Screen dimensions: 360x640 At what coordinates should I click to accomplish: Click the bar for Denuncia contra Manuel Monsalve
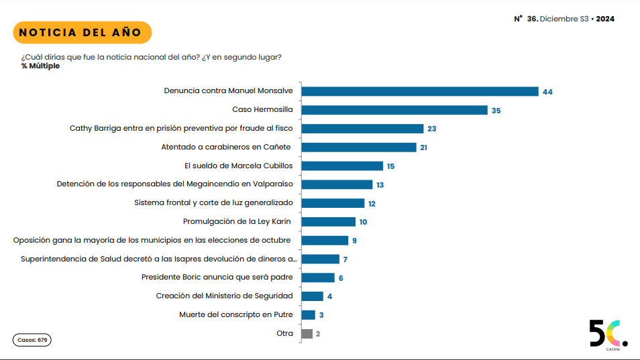pyautogui.click(x=420, y=91)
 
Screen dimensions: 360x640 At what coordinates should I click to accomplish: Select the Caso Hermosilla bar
pyautogui.click(x=394, y=110)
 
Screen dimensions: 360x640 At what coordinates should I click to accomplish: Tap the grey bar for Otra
pyautogui.click(x=307, y=333)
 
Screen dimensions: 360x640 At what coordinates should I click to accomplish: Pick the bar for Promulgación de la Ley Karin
pyautogui.click(x=329, y=222)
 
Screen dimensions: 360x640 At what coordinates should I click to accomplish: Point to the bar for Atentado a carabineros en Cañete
pyautogui.click(x=359, y=147)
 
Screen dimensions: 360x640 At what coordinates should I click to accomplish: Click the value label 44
pyautogui.click(x=547, y=92)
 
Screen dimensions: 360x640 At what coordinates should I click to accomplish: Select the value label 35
pyautogui.click(x=496, y=111)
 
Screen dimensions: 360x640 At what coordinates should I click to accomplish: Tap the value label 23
pyautogui.click(x=432, y=129)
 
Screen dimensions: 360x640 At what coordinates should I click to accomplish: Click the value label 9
pyautogui.click(x=354, y=241)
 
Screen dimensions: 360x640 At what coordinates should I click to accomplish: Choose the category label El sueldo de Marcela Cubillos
pyautogui.click(x=238, y=166)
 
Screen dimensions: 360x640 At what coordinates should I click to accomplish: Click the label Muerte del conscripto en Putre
pyautogui.click(x=236, y=314)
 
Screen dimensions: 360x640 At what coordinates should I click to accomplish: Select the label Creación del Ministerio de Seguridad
pyautogui.click(x=224, y=296)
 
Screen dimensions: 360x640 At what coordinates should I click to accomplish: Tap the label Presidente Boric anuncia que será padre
pyautogui.click(x=217, y=277)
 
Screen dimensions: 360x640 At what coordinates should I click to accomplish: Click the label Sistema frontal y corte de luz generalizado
pyautogui.click(x=213, y=202)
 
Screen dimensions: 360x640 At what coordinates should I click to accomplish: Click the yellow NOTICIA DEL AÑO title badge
pyautogui.click(x=81, y=32)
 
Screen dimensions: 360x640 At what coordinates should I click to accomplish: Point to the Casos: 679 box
pyautogui.click(x=32, y=340)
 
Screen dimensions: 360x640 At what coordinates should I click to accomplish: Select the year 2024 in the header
pyautogui.click(x=605, y=19)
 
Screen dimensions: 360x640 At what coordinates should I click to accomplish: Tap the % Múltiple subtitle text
pyautogui.click(x=40, y=66)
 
